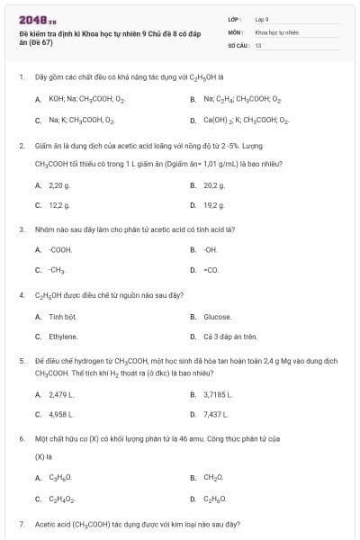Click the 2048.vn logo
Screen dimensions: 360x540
[32, 19]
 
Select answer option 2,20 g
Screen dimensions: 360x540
[58, 185]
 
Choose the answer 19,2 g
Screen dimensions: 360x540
[213, 205]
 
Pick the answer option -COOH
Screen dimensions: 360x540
[60, 249]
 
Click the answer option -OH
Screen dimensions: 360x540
[211, 249]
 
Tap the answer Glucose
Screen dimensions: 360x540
[218, 317]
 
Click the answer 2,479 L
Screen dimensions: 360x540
[61, 394]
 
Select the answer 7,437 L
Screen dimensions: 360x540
[216, 414]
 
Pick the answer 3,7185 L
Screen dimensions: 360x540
[219, 394]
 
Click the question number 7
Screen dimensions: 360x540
[21, 523]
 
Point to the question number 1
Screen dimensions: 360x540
[21, 78]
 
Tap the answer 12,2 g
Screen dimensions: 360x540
[59, 205]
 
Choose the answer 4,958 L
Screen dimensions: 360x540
[61, 414]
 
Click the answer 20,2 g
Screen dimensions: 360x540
[213, 185]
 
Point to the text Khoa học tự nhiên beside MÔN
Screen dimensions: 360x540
[276, 31]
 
